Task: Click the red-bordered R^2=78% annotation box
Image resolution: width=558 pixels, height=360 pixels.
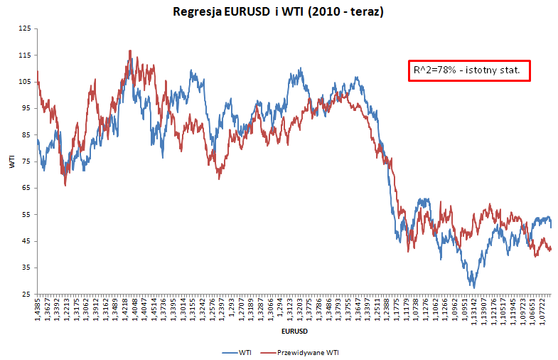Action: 469,70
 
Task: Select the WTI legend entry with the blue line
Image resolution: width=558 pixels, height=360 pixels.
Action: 237,351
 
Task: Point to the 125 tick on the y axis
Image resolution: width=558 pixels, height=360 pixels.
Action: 25,28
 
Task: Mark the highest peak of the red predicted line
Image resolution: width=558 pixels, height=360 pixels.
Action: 130,51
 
